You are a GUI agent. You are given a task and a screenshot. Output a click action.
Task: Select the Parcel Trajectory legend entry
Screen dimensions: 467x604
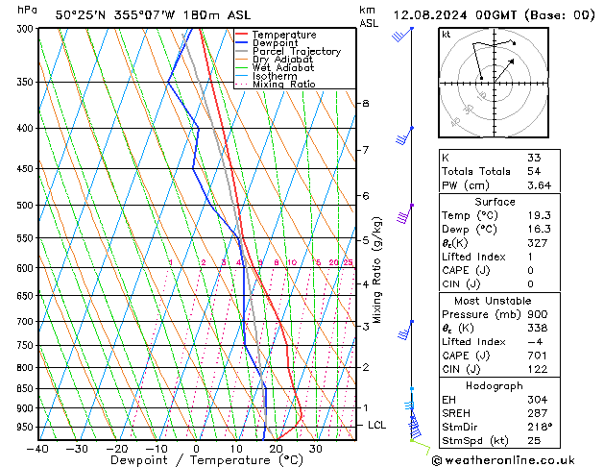(296, 52)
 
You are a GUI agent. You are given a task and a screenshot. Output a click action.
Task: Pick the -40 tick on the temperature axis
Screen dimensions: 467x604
(38, 448)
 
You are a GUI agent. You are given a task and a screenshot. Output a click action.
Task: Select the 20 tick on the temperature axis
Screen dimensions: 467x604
(276, 448)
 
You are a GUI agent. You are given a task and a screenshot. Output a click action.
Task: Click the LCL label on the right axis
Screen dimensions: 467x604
(377, 425)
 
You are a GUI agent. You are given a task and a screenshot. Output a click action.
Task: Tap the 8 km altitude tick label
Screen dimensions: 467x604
(365, 103)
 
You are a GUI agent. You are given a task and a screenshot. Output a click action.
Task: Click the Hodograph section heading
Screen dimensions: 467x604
(495, 385)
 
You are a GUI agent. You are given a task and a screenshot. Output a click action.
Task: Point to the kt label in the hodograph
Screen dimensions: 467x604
(447, 34)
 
